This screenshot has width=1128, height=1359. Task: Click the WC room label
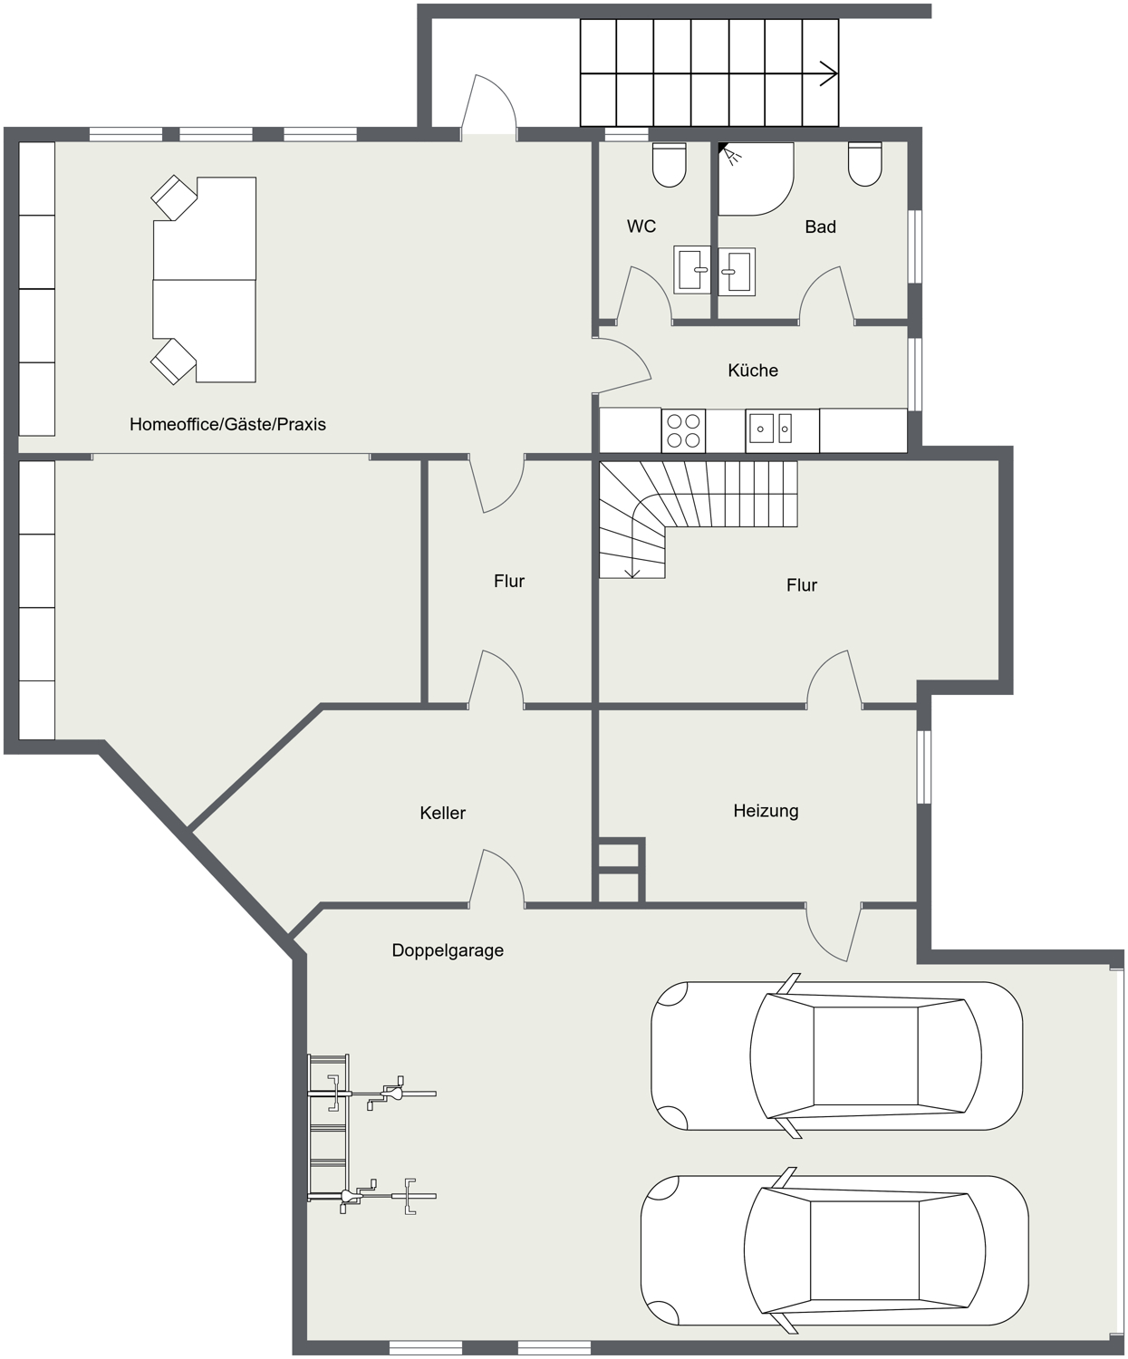point(641,226)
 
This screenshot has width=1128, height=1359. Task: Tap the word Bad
point(820,227)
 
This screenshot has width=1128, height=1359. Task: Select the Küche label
point(753,371)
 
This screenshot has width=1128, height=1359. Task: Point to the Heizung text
point(766,811)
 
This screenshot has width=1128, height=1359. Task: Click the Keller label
point(443,813)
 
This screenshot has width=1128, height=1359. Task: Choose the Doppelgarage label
point(448,951)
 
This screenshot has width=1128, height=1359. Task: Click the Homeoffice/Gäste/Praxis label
point(227,424)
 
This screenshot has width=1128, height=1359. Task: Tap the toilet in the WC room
point(670,165)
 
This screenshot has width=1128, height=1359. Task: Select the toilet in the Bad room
point(865,164)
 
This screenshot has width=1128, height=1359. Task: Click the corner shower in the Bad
point(756,178)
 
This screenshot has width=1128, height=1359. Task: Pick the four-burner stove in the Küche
point(683,431)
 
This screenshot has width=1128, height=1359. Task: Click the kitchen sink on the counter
point(769,429)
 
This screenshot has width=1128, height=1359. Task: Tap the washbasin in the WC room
point(692,269)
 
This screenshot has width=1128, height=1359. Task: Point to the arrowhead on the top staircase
point(829,73)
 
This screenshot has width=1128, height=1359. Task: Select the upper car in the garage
point(837,1055)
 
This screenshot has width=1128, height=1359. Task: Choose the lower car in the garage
point(835,1250)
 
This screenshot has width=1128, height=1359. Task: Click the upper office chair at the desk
point(174,198)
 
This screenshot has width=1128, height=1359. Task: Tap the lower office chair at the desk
point(173,361)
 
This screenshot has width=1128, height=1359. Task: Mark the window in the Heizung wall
point(923,767)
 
